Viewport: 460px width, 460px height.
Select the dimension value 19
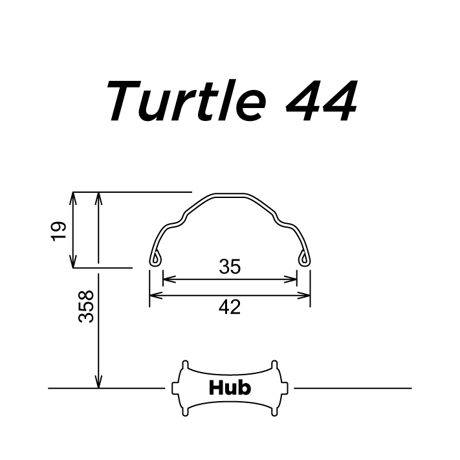click(59, 230)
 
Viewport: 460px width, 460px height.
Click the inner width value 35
click(230, 267)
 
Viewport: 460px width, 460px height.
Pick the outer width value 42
click(230, 307)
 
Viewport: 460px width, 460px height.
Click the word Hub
click(230, 388)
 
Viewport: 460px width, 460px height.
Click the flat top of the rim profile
click(230, 194)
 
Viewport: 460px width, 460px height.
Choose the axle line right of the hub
click(353, 388)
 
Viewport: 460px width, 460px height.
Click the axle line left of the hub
click(107, 388)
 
